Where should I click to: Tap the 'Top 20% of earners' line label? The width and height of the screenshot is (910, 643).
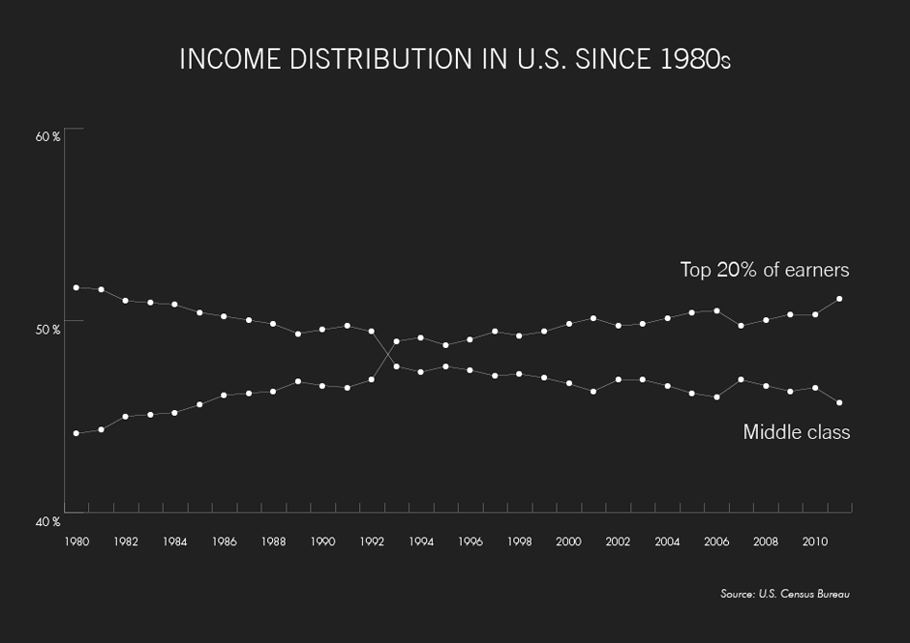click(x=764, y=270)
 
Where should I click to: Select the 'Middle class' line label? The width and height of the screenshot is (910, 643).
click(x=796, y=432)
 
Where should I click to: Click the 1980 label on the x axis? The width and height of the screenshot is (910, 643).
click(x=76, y=542)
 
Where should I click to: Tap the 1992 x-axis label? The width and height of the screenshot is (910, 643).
click(x=371, y=542)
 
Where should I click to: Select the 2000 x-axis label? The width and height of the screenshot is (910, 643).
click(x=568, y=542)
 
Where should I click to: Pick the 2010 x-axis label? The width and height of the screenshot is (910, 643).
click(x=814, y=542)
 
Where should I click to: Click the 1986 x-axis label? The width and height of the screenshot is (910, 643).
click(x=224, y=542)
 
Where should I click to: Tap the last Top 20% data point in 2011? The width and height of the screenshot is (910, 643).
click(x=839, y=299)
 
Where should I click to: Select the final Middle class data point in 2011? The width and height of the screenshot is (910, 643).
click(x=839, y=402)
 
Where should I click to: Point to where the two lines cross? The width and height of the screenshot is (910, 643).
click(x=387, y=355)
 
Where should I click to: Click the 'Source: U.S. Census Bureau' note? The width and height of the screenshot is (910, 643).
click(x=784, y=594)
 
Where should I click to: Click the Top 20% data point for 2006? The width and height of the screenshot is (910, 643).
click(x=716, y=310)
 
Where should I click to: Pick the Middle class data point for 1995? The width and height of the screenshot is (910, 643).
click(x=445, y=366)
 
